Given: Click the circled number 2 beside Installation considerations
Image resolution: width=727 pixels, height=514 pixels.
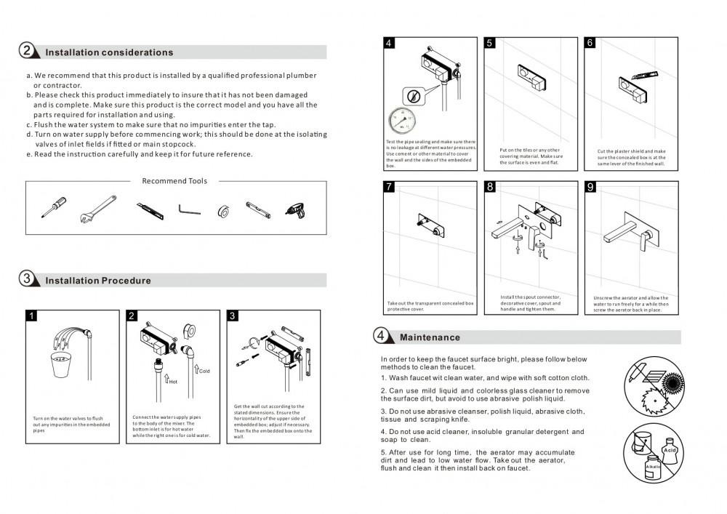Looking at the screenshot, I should pyautogui.click(x=27, y=51).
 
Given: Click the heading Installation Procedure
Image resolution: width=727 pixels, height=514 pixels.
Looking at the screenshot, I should pyautogui.click(x=98, y=281).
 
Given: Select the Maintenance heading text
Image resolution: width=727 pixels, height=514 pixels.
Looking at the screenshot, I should pyautogui.click(x=430, y=337).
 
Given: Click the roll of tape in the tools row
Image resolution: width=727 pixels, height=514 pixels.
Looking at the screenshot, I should pyautogui.click(x=223, y=211).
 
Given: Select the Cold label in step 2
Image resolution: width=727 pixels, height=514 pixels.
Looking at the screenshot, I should pyautogui.click(x=204, y=371).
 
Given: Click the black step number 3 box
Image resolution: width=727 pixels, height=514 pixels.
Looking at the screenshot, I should pyautogui.click(x=233, y=316).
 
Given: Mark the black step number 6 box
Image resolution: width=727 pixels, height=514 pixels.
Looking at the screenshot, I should pyautogui.click(x=590, y=43).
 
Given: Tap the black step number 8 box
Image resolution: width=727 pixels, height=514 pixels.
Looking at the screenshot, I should pyautogui.click(x=490, y=187).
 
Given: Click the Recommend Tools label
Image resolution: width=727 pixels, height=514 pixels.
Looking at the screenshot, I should pyautogui.click(x=174, y=181).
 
